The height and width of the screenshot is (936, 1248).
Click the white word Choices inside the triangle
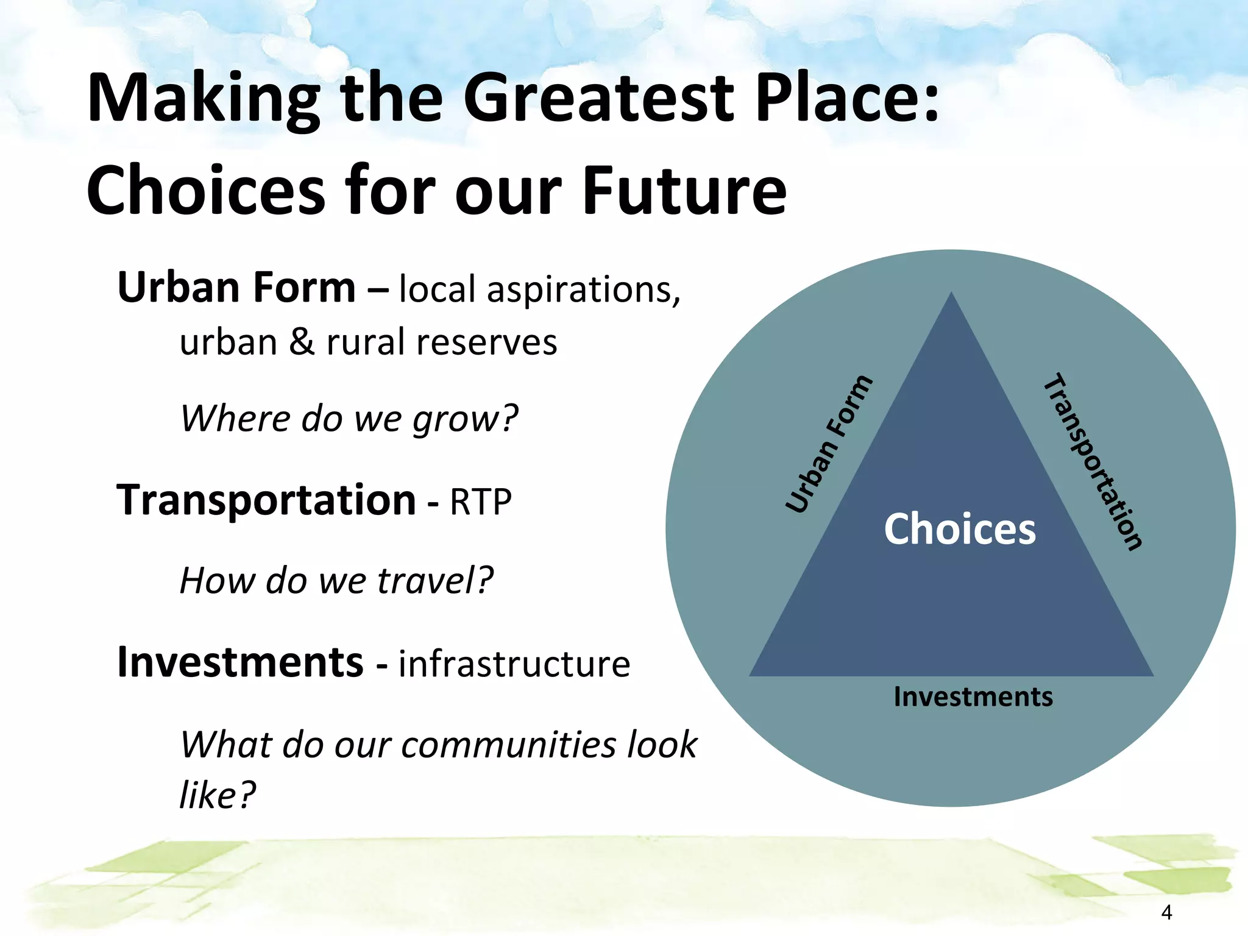(960, 529)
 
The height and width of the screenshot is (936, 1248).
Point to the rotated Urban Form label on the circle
(829, 444)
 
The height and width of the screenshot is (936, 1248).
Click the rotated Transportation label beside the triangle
(1093, 461)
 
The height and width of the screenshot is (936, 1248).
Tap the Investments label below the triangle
(973, 697)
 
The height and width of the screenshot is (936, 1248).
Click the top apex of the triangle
(951, 295)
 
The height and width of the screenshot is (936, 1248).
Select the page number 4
(1166, 912)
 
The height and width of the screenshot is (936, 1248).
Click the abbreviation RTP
(481, 502)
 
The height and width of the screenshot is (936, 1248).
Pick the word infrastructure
(514, 664)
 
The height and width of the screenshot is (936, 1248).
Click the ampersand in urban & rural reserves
(302, 342)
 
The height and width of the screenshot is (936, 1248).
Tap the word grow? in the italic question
(465, 419)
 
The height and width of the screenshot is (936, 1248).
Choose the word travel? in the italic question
(435, 580)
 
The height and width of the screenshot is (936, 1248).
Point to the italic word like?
(217, 795)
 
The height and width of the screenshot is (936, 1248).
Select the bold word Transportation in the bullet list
(266, 500)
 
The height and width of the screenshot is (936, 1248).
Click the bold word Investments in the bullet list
(241, 662)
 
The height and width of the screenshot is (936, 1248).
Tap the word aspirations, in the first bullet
(583, 289)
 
